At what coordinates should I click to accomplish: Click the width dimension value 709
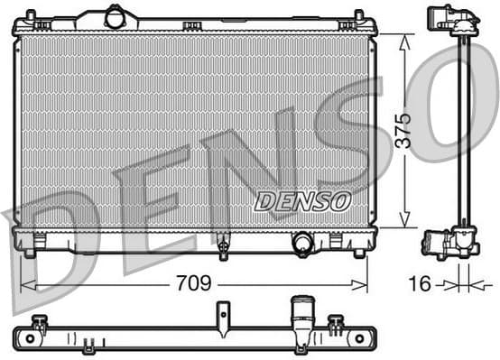pyautogui.click(x=194, y=283)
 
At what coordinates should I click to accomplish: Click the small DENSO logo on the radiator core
pyautogui.click(x=301, y=201)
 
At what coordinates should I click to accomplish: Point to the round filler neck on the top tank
pyautogui.click(x=116, y=16)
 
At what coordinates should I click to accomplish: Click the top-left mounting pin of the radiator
pyautogui.click(x=30, y=15)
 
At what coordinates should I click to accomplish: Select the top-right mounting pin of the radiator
pyautogui.click(x=358, y=15)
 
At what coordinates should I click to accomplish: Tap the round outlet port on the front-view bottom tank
pyautogui.click(x=302, y=243)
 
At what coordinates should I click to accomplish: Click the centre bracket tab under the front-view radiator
pyautogui.click(x=222, y=245)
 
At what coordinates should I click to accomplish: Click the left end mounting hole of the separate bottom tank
pyautogui.click(x=31, y=337)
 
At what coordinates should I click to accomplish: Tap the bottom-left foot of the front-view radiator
pyautogui.click(x=30, y=254)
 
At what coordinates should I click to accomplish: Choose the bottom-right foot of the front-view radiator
pyautogui.click(x=359, y=254)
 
